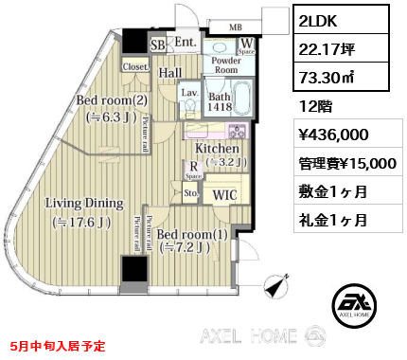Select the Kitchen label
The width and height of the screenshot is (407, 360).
pos(216,148)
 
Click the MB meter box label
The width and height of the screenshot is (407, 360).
pos(235,26)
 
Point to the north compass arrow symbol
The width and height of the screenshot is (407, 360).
pos(278,284)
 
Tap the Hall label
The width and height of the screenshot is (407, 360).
pos(170,72)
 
